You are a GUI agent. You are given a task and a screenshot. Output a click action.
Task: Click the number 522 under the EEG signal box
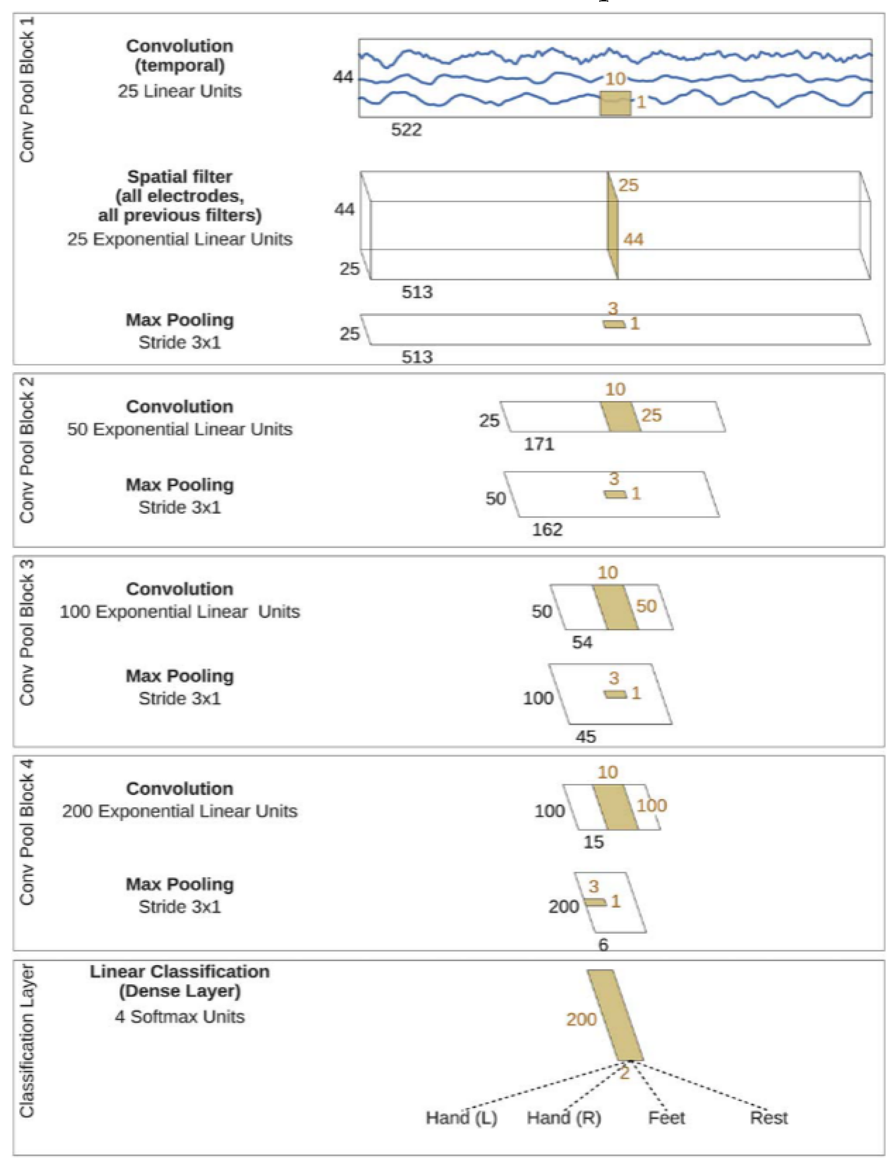(x=407, y=130)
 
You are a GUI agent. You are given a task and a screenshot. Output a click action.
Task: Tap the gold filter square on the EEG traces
(x=615, y=104)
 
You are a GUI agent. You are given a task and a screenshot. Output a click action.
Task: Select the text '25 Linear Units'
(x=180, y=91)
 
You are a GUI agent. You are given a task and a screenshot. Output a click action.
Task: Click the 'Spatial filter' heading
(x=180, y=176)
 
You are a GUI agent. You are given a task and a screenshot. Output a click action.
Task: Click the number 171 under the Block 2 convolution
(x=539, y=444)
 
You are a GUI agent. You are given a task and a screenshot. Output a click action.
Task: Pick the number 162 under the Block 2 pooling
(x=547, y=529)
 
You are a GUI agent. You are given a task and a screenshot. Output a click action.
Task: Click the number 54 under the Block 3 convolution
(x=582, y=642)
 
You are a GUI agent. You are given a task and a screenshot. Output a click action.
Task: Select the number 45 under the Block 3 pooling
(x=586, y=737)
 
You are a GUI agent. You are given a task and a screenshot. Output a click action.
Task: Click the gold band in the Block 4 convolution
(x=616, y=807)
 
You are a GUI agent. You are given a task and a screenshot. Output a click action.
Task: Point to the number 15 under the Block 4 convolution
(x=593, y=842)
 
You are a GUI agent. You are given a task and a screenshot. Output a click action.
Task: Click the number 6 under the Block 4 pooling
(x=603, y=945)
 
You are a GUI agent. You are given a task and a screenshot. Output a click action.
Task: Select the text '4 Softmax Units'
(x=180, y=1017)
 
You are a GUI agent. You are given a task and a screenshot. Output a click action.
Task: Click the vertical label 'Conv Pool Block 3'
(x=27, y=633)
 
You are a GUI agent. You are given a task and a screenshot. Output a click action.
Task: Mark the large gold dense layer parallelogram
(x=615, y=1015)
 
